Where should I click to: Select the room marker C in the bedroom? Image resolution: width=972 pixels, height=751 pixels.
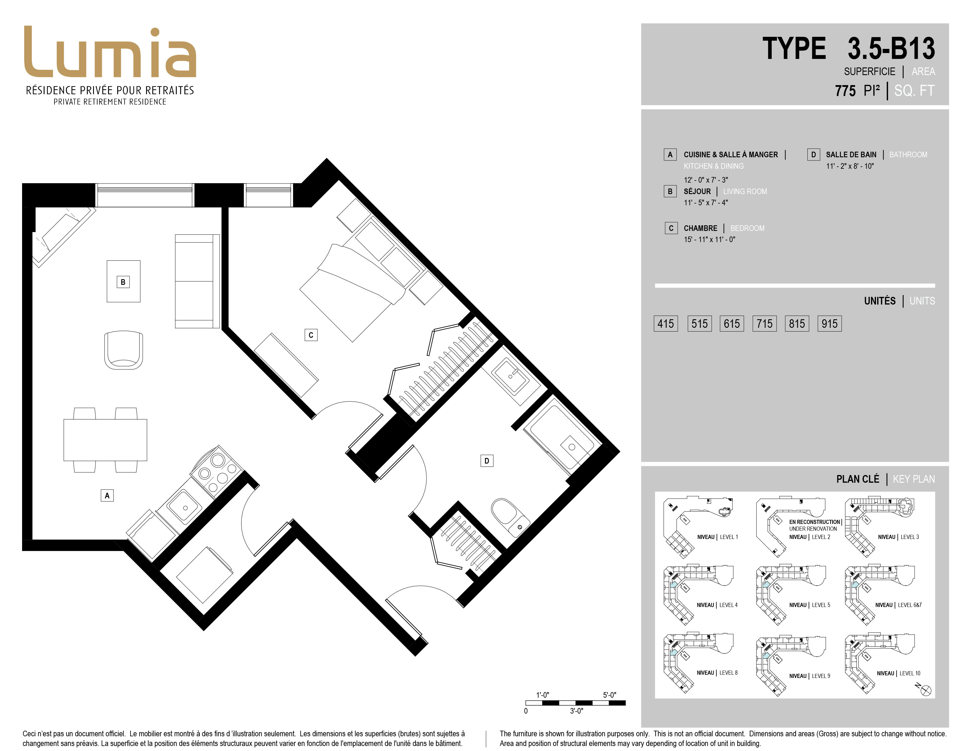click(x=311, y=335)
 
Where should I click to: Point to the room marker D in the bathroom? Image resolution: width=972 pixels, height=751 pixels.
click(x=487, y=461)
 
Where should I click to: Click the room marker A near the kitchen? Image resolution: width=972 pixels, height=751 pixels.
click(x=107, y=495)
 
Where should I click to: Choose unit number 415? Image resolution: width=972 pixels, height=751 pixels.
click(x=665, y=323)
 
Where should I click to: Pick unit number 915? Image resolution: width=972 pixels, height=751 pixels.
click(x=829, y=323)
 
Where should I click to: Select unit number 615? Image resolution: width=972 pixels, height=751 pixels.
click(x=732, y=323)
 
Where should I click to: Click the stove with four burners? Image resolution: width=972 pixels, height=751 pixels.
click(x=217, y=471)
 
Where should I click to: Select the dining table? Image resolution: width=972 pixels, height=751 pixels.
click(x=105, y=440)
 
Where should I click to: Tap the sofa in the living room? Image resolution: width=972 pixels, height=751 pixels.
click(x=197, y=281)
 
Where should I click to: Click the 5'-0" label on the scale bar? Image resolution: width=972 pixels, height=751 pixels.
click(x=609, y=694)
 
